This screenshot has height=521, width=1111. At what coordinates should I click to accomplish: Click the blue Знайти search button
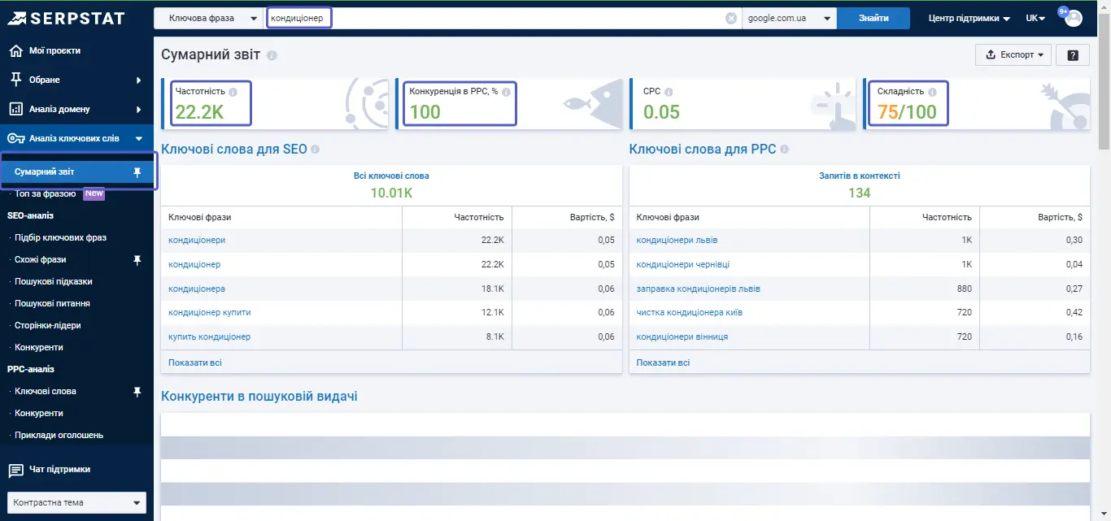873,19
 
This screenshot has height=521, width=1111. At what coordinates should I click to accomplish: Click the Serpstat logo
66,19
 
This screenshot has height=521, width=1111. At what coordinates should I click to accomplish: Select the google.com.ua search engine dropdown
789,19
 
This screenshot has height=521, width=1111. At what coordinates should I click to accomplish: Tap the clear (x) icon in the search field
730,19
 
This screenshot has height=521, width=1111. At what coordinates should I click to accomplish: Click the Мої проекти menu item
54,50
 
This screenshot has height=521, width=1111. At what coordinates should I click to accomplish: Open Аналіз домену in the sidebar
59,109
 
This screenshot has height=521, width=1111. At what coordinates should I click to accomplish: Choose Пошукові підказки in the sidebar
54,281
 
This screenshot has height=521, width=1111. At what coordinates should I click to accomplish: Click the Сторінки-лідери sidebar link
48,325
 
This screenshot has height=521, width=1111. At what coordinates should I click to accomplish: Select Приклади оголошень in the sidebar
59,435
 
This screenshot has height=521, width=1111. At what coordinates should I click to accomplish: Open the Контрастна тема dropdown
77,502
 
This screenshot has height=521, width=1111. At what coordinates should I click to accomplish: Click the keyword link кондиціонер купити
209,312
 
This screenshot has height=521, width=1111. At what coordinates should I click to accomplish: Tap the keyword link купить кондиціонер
209,336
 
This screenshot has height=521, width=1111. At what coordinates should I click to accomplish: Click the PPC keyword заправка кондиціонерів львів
698,289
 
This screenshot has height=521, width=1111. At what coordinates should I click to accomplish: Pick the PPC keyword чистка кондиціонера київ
690,312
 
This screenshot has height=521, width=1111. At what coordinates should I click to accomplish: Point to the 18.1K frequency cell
493,289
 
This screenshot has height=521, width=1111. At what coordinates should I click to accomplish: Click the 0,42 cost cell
1074,312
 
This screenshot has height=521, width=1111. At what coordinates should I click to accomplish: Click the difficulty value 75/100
907,112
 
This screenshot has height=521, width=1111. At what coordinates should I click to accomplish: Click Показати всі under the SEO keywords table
195,363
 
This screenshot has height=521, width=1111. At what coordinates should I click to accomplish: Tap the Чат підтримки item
59,470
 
